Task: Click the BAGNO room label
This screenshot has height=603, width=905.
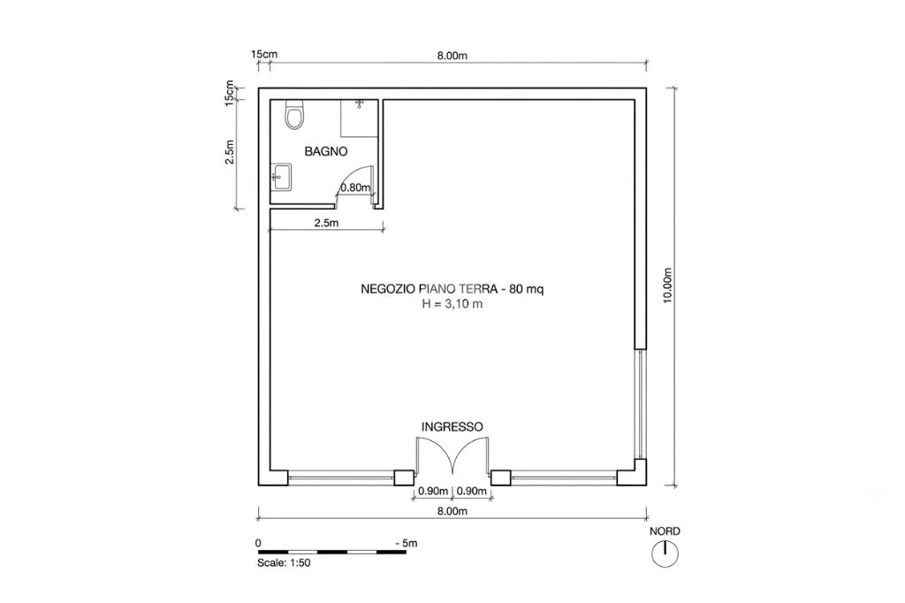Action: click(326, 152)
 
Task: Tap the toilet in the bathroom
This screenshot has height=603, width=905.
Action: click(294, 114)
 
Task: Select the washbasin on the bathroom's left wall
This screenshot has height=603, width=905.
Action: click(282, 176)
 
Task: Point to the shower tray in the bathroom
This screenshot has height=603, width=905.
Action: click(359, 118)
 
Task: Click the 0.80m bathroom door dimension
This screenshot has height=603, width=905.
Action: click(355, 187)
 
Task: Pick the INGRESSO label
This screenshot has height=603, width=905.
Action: click(452, 427)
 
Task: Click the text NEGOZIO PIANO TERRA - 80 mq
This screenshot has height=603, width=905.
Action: click(452, 289)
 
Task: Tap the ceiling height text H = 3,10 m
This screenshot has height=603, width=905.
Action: click(452, 304)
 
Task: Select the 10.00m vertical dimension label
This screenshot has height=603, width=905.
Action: click(668, 286)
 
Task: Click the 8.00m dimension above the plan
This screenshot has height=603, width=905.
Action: click(452, 56)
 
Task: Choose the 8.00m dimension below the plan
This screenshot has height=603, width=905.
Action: click(452, 511)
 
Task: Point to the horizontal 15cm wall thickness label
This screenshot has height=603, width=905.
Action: click(263, 54)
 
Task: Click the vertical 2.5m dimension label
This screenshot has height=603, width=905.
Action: click(230, 152)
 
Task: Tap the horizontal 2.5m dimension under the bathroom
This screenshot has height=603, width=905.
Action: click(327, 223)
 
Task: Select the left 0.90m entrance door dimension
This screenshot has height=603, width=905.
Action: click(433, 492)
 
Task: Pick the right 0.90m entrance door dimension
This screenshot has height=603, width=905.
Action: click(472, 492)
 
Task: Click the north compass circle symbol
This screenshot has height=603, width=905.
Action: click(665, 554)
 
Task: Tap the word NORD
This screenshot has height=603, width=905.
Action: click(665, 531)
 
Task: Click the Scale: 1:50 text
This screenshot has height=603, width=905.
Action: click(284, 563)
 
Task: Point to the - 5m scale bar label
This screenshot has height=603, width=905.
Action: click(407, 544)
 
